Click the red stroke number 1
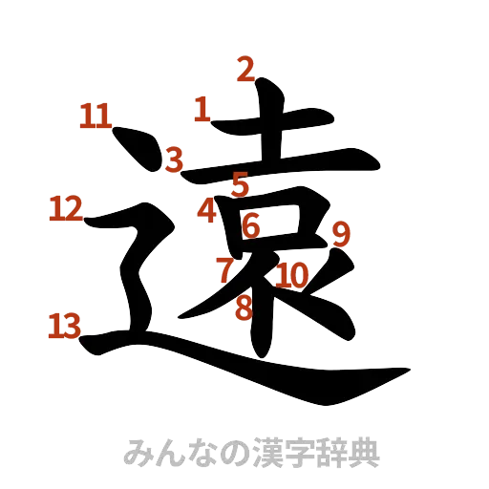[201, 109]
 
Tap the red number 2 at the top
[246, 69]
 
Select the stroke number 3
[173, 159]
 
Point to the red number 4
[207, 211]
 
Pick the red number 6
[250, 226]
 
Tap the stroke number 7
[224, 268]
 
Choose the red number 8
[244, 308]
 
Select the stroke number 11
[95, 117]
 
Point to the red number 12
[65, 207]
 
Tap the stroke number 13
[64, 327]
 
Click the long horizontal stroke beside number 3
[277, 162]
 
